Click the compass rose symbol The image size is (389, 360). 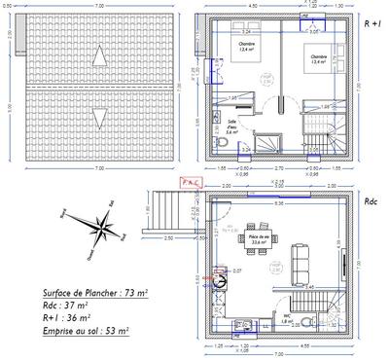100,232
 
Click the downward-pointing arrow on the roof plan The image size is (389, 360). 96,119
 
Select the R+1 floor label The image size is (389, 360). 371,21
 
